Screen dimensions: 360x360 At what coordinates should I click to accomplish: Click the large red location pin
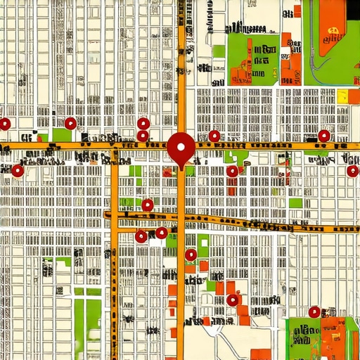[x=181, y=147]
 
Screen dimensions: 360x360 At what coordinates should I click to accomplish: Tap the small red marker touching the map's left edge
[x=4, y=124]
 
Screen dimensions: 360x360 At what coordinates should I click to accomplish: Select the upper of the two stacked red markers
[x=143, y=124]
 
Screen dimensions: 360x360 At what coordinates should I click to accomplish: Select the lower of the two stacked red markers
[x=143, y=136]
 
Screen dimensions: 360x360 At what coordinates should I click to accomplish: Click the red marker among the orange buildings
[x=233, y=300]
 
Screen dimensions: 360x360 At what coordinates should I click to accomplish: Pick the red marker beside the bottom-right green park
[x=314, y=311]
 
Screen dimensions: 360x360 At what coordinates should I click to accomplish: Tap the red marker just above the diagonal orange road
[x=148, y=205]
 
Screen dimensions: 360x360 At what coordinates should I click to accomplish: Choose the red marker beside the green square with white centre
[x=191, y=255]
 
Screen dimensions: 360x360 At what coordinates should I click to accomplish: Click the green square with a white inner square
[x=203, y=247]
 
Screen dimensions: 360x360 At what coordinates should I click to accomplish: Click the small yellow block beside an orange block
[x=342, y=96]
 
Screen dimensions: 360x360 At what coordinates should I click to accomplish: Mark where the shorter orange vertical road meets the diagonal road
[x=115, y=215]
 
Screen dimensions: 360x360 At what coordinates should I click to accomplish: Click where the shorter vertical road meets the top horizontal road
[x=115, y=147]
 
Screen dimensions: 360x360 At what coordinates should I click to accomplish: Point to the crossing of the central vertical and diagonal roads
[x=181, y=219]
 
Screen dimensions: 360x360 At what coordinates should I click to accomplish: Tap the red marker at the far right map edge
[x=352, y=171]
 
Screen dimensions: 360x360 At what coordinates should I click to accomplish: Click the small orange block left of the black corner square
[x=297, y=11]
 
